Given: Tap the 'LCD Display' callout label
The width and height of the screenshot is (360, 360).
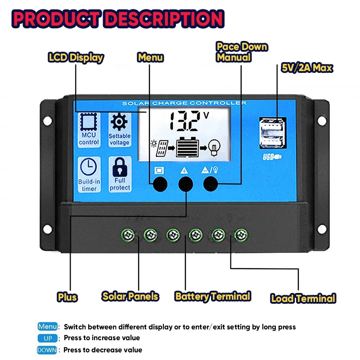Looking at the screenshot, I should (76, 58).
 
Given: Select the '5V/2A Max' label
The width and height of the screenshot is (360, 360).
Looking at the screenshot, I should (307, 68).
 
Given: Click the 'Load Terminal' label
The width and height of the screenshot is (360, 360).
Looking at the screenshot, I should (303, 298).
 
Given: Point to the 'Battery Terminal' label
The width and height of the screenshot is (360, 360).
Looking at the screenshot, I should (212, 296).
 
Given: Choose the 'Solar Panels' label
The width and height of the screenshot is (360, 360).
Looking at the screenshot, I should (130, 296).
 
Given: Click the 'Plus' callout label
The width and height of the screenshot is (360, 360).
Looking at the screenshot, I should (67, 297).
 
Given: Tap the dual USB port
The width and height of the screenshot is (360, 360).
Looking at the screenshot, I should (272, 133).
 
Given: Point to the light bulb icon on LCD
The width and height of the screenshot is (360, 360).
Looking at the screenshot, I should (215, 147).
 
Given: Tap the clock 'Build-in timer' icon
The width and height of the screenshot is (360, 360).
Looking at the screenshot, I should (89, 167).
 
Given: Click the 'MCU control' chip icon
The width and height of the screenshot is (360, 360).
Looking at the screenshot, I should (89, 122).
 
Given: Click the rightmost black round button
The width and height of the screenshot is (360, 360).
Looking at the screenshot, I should (211, 183).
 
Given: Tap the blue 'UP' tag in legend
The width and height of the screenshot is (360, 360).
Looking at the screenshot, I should (47, 338).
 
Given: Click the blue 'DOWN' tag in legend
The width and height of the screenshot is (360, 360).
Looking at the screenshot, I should (47, 350).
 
